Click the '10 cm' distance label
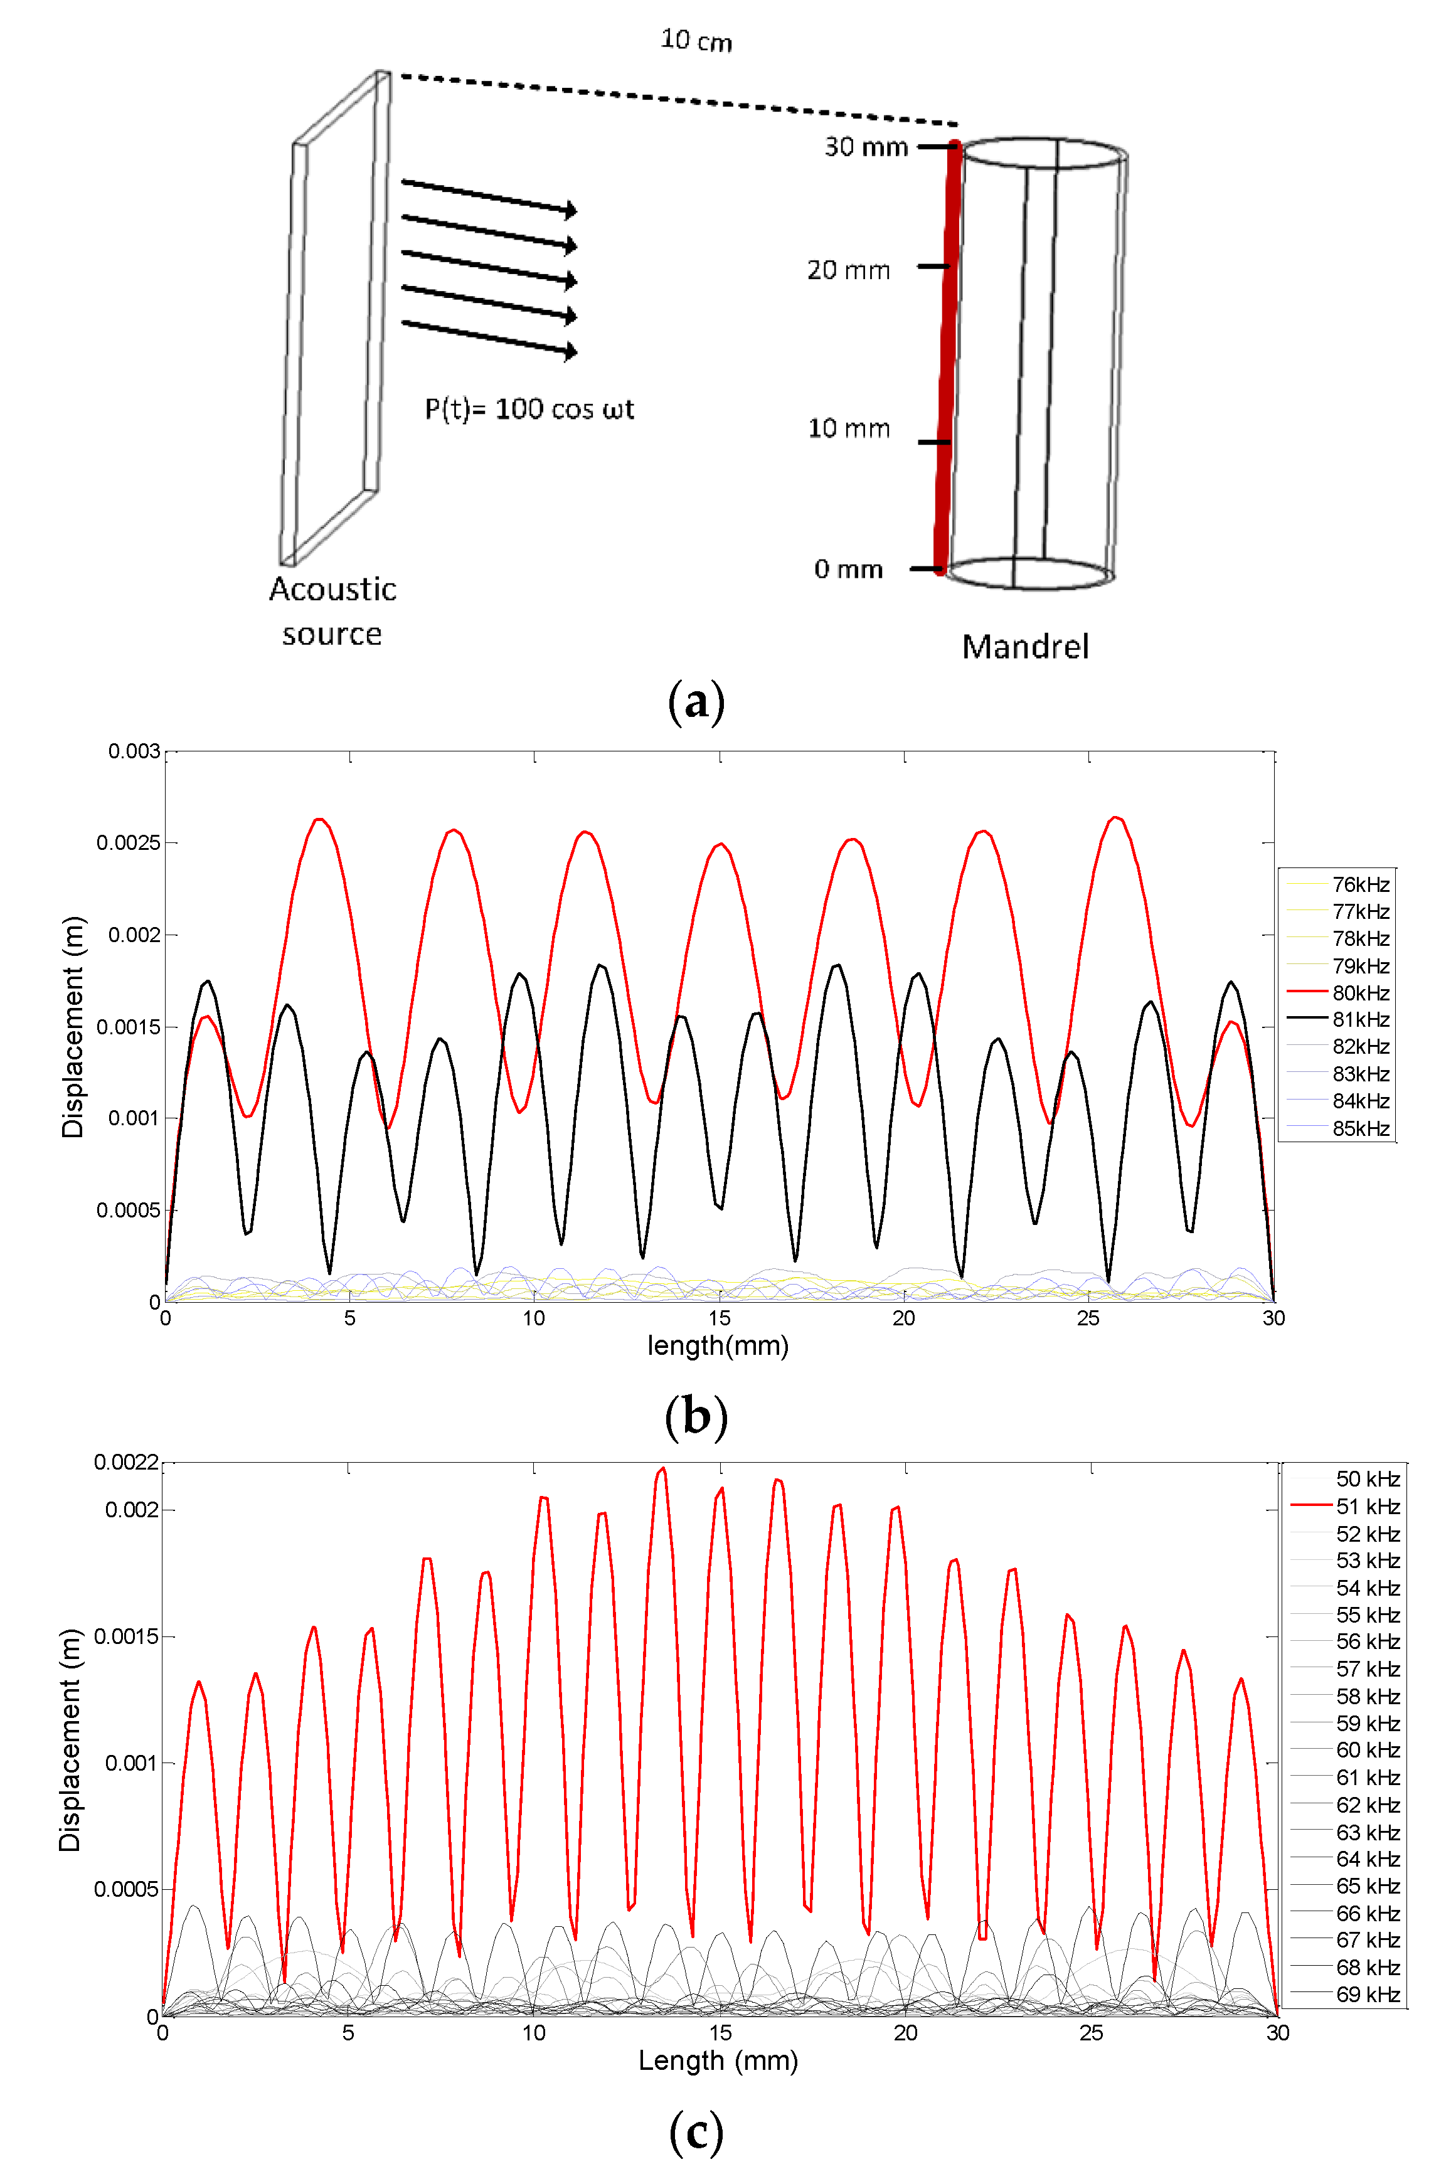pos(696,41)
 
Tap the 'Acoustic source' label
pos(332,612)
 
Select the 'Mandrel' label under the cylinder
pos(1025,647)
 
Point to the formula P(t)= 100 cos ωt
pos(529,409)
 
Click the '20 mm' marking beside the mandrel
pos(849,270)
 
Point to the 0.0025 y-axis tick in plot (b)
pos(128,843)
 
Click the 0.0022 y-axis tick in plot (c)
pos(126,1462)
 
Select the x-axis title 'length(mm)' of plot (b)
pos(718,1345)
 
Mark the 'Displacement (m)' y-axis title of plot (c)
pos(70,1739)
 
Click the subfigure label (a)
pos(696,702)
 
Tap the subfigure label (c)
pos(696,2133)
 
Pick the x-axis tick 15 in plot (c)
pos(720,2033)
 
